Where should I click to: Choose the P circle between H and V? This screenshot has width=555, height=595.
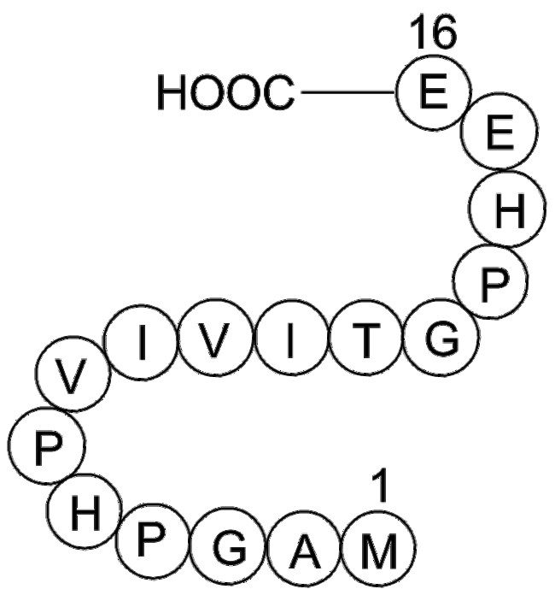(x=43, y=447)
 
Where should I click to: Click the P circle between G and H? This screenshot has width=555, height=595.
(x=488, y=284)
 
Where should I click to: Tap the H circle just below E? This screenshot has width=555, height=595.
(x=507, y=214)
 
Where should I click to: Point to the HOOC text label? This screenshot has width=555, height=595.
(x=225, y=93)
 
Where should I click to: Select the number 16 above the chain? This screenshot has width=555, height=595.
(x=433, y=34)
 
